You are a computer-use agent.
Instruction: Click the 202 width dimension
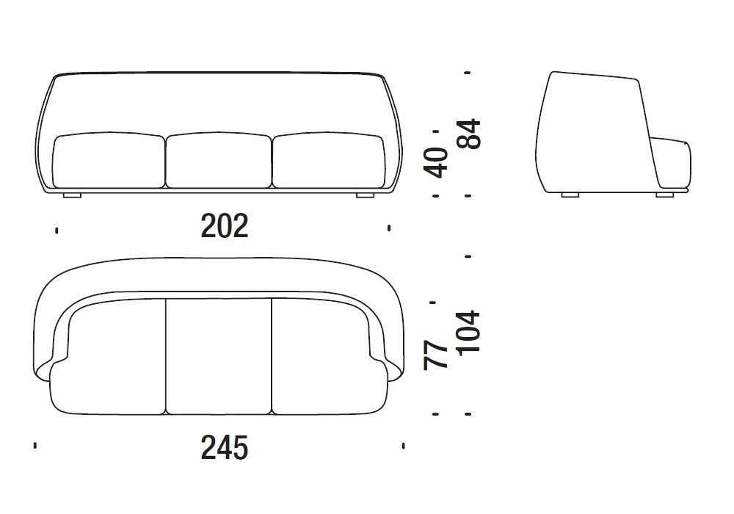224,226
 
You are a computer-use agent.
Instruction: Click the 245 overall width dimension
224,448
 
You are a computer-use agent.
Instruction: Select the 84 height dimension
468,134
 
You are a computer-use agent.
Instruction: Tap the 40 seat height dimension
435,162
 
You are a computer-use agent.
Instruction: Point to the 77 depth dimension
435,355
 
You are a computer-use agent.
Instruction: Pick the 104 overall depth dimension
468,333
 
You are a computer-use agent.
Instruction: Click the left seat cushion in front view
109,160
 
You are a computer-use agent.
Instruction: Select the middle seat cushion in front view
219,160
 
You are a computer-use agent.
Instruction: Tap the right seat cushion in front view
328,160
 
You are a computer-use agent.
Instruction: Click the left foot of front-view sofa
72,195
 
